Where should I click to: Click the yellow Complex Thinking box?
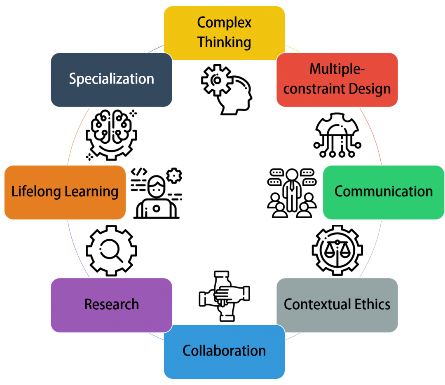point(224,33)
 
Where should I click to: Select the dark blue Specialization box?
point(111,80)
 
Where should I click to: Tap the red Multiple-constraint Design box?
point(337,80)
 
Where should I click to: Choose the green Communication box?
point(384,192)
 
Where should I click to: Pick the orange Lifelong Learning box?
point(65,192)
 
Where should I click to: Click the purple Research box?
point(111,305)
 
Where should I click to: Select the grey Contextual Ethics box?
point(337,305)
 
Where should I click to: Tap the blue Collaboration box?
point(224,352)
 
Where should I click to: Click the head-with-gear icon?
point(227,90)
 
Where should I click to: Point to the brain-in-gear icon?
point(111,135)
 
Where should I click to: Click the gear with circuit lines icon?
point(337,135)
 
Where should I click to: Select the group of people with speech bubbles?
point(292,193)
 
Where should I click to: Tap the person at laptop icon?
point(156,193)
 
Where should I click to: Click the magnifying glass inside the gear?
point(111,251)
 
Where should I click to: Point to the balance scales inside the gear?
point(337,251)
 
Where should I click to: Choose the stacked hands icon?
point(224,296)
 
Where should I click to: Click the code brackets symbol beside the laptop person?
point(139,172)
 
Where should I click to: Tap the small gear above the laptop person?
point(174,175)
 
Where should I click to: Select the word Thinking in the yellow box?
point(224,42)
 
